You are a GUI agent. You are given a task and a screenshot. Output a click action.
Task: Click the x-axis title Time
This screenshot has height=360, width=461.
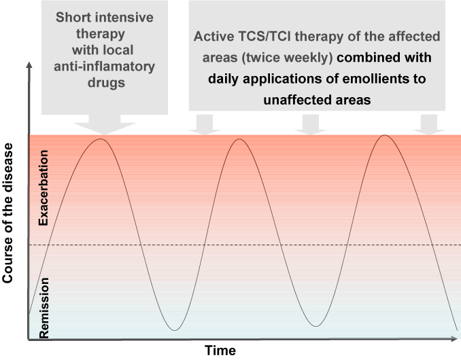220,350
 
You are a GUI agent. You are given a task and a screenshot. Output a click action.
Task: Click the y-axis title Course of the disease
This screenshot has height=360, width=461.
7,213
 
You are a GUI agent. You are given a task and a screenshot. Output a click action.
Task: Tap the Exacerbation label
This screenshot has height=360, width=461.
44,187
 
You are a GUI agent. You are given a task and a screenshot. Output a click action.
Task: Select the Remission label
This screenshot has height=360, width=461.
44,308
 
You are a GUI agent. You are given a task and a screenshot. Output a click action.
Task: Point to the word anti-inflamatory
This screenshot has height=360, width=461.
105,67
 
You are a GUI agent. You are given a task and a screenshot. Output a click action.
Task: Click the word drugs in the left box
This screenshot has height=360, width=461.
107,83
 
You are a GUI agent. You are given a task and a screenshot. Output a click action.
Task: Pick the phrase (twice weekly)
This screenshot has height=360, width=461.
287,58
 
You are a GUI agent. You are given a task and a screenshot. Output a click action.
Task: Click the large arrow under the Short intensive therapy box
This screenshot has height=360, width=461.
105,124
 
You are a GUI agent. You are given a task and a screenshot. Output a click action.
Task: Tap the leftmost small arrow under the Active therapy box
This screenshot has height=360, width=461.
205,124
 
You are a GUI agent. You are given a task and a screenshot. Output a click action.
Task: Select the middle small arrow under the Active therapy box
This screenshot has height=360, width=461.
311,124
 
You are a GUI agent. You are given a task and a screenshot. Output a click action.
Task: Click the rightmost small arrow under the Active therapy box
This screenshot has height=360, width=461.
429,124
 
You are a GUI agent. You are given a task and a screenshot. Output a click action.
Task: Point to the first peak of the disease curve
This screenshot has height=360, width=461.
101,139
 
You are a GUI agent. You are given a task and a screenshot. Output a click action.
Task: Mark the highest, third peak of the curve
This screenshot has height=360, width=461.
385,135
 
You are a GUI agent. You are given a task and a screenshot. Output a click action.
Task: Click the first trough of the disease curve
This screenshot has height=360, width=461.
174,330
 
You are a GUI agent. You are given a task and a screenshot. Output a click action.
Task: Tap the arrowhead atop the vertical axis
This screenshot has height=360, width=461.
29,65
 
